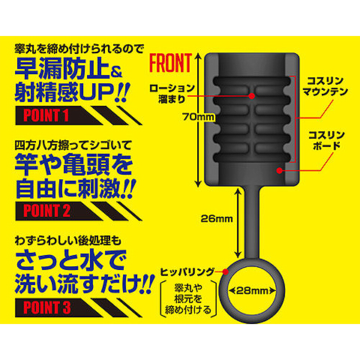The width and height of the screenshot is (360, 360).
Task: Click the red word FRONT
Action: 170,62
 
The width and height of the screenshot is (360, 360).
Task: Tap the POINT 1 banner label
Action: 46,115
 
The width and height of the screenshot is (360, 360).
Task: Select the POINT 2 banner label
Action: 46,211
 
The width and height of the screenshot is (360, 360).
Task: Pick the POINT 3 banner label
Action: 47,307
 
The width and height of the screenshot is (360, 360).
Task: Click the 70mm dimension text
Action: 199,117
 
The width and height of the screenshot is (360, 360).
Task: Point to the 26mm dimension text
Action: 217,219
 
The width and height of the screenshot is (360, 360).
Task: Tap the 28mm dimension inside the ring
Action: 252,291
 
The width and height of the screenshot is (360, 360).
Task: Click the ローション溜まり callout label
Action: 172,94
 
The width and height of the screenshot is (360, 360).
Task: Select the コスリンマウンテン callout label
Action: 325,86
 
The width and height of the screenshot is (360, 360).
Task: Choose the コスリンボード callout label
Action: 326,140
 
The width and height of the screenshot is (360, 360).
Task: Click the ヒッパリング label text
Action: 187,271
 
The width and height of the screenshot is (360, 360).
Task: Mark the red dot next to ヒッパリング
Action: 226,271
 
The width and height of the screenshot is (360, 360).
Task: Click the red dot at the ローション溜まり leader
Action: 252,96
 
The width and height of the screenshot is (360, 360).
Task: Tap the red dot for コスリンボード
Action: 280,170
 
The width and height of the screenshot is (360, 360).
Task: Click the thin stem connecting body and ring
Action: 252,223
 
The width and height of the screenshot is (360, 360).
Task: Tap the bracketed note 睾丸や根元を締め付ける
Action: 188,299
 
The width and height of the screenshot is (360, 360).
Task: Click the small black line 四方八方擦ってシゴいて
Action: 73,145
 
